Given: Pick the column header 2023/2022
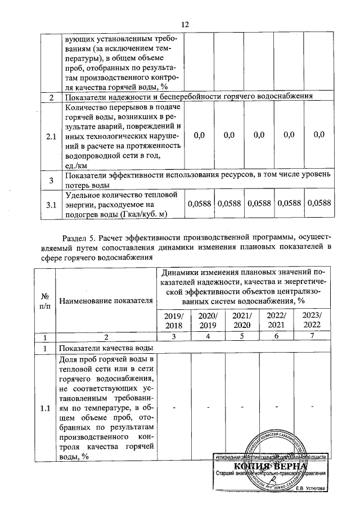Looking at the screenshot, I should (x=311, y=319).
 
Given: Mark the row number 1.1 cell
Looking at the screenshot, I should (x=44, y=408).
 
